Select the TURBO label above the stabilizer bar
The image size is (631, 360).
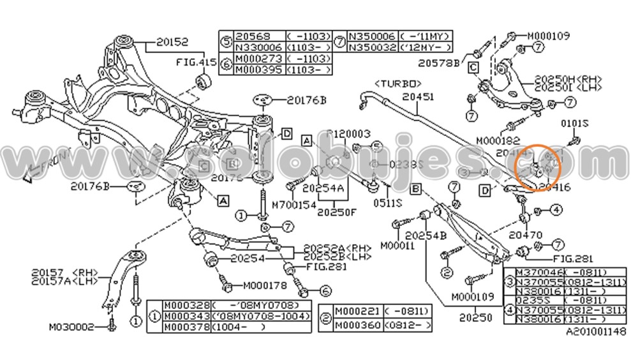[397, 84]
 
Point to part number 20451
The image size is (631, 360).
[418, 96]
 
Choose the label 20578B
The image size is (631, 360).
[439, 63]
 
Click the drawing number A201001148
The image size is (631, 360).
[596, 332]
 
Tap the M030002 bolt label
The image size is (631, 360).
[71, 327]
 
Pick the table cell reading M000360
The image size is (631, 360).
[358, 325]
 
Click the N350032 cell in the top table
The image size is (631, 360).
[370, 48]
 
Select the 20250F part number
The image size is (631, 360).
[336, 212]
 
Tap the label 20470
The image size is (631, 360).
[526, 235]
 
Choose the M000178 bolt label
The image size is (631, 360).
[265, 285]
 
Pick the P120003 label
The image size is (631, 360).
[349, 134]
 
